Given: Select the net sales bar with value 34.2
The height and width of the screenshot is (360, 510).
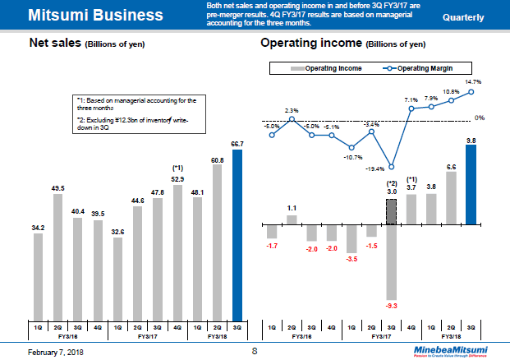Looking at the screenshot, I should point(38,276).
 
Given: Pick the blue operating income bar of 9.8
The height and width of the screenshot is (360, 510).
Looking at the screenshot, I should point(471,186).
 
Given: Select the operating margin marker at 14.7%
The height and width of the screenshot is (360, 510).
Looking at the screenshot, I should point(471,91).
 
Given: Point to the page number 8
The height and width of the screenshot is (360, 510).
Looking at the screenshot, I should point(254,351).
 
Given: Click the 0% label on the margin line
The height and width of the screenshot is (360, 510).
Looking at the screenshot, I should point(479,118).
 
